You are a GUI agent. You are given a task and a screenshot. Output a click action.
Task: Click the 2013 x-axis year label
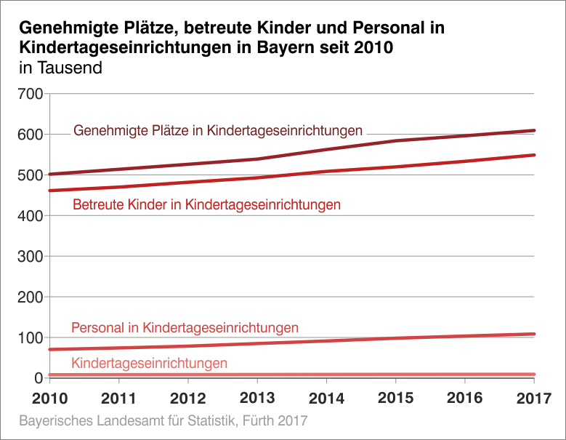pyautogui.click(x=256, y=399)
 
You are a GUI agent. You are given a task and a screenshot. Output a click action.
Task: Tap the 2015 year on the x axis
pyautogui.click(x=395, y=399)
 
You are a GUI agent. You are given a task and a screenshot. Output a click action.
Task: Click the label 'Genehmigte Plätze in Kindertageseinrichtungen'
pyautogui.click(x=218, y=131)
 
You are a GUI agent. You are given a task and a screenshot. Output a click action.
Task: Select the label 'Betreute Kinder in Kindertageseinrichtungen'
pyautogui.click(x=206, y=205)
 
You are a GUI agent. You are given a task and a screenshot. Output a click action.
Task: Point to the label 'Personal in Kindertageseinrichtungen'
pyautogui.click(x=185, y=328)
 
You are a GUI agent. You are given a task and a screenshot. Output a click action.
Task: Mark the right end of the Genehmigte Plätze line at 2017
pyautogui.click(x=534, y=131)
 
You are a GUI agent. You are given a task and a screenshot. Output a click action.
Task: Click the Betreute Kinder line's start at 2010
pyautogui.click(x=49, y=191)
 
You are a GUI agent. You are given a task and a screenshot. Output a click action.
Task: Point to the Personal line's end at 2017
pyautogui.click(x=534, y=335)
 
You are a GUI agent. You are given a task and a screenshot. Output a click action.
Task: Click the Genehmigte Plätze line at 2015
pyautogui.click(x=395, y=141)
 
